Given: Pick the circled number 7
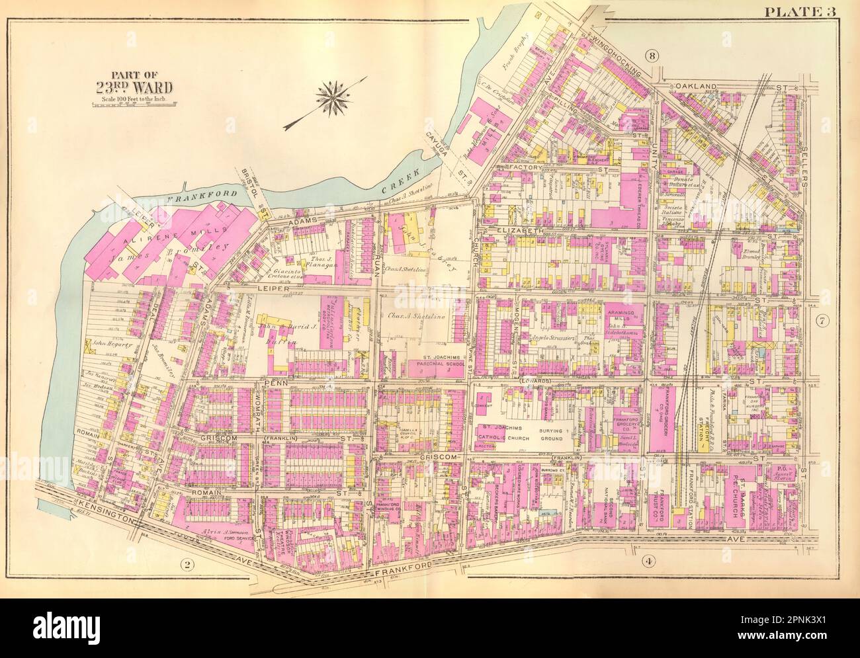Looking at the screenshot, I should pos(822,322).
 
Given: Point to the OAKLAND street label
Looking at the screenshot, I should pos(697,87).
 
